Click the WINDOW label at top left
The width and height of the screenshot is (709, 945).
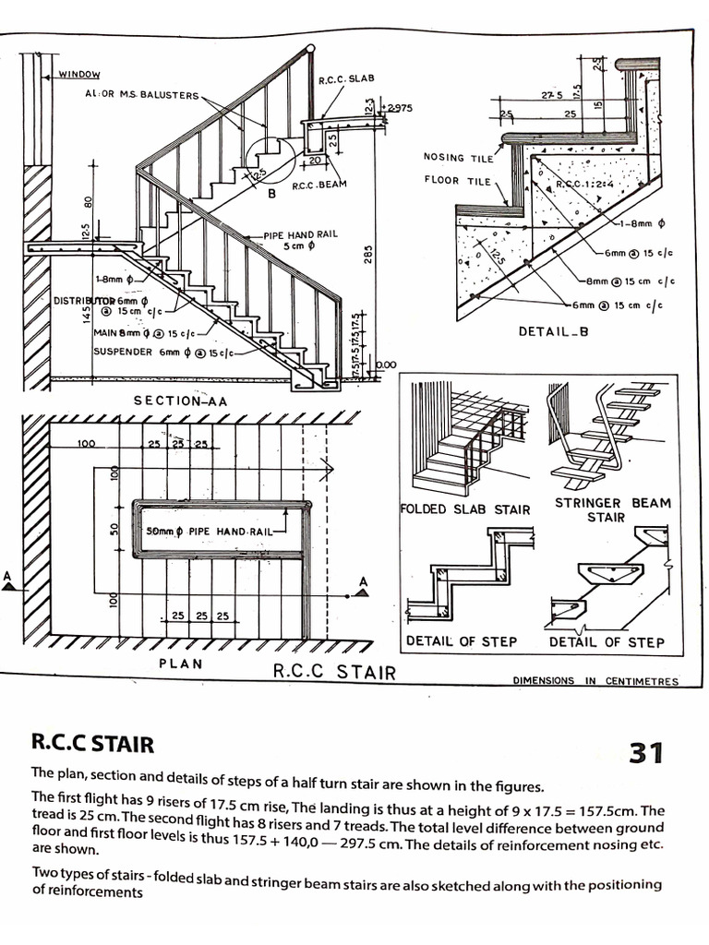[79, 74]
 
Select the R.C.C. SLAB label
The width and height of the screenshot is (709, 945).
[346, 79]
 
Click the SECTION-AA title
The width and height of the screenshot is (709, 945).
[181, 401]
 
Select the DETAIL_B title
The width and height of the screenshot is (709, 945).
[553, 332]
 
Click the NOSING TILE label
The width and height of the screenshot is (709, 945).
[458, 157]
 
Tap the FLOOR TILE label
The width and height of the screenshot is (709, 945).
[457, 180]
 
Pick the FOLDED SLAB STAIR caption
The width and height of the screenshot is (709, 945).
[465, 509]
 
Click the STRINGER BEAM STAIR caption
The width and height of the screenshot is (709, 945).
[612, 509]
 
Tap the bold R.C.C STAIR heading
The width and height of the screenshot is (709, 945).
[92, 742]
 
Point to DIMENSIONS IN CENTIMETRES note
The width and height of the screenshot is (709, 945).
[595, 681]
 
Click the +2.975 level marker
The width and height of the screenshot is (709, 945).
[399, 108]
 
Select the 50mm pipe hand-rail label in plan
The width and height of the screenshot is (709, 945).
[209, 532]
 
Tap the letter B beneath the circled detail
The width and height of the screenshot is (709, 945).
[272, 195]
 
